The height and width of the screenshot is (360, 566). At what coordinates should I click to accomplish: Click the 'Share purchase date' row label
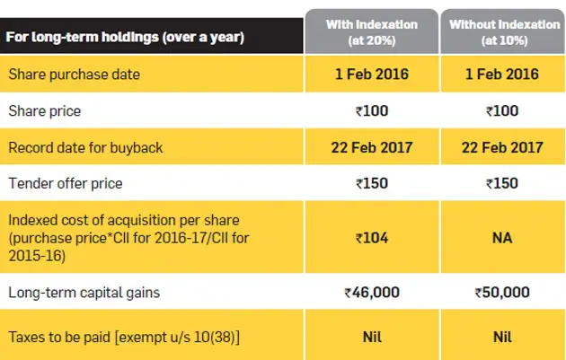pos(74,75)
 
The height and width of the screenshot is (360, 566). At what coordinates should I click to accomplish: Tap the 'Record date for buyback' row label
pos(86,147)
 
